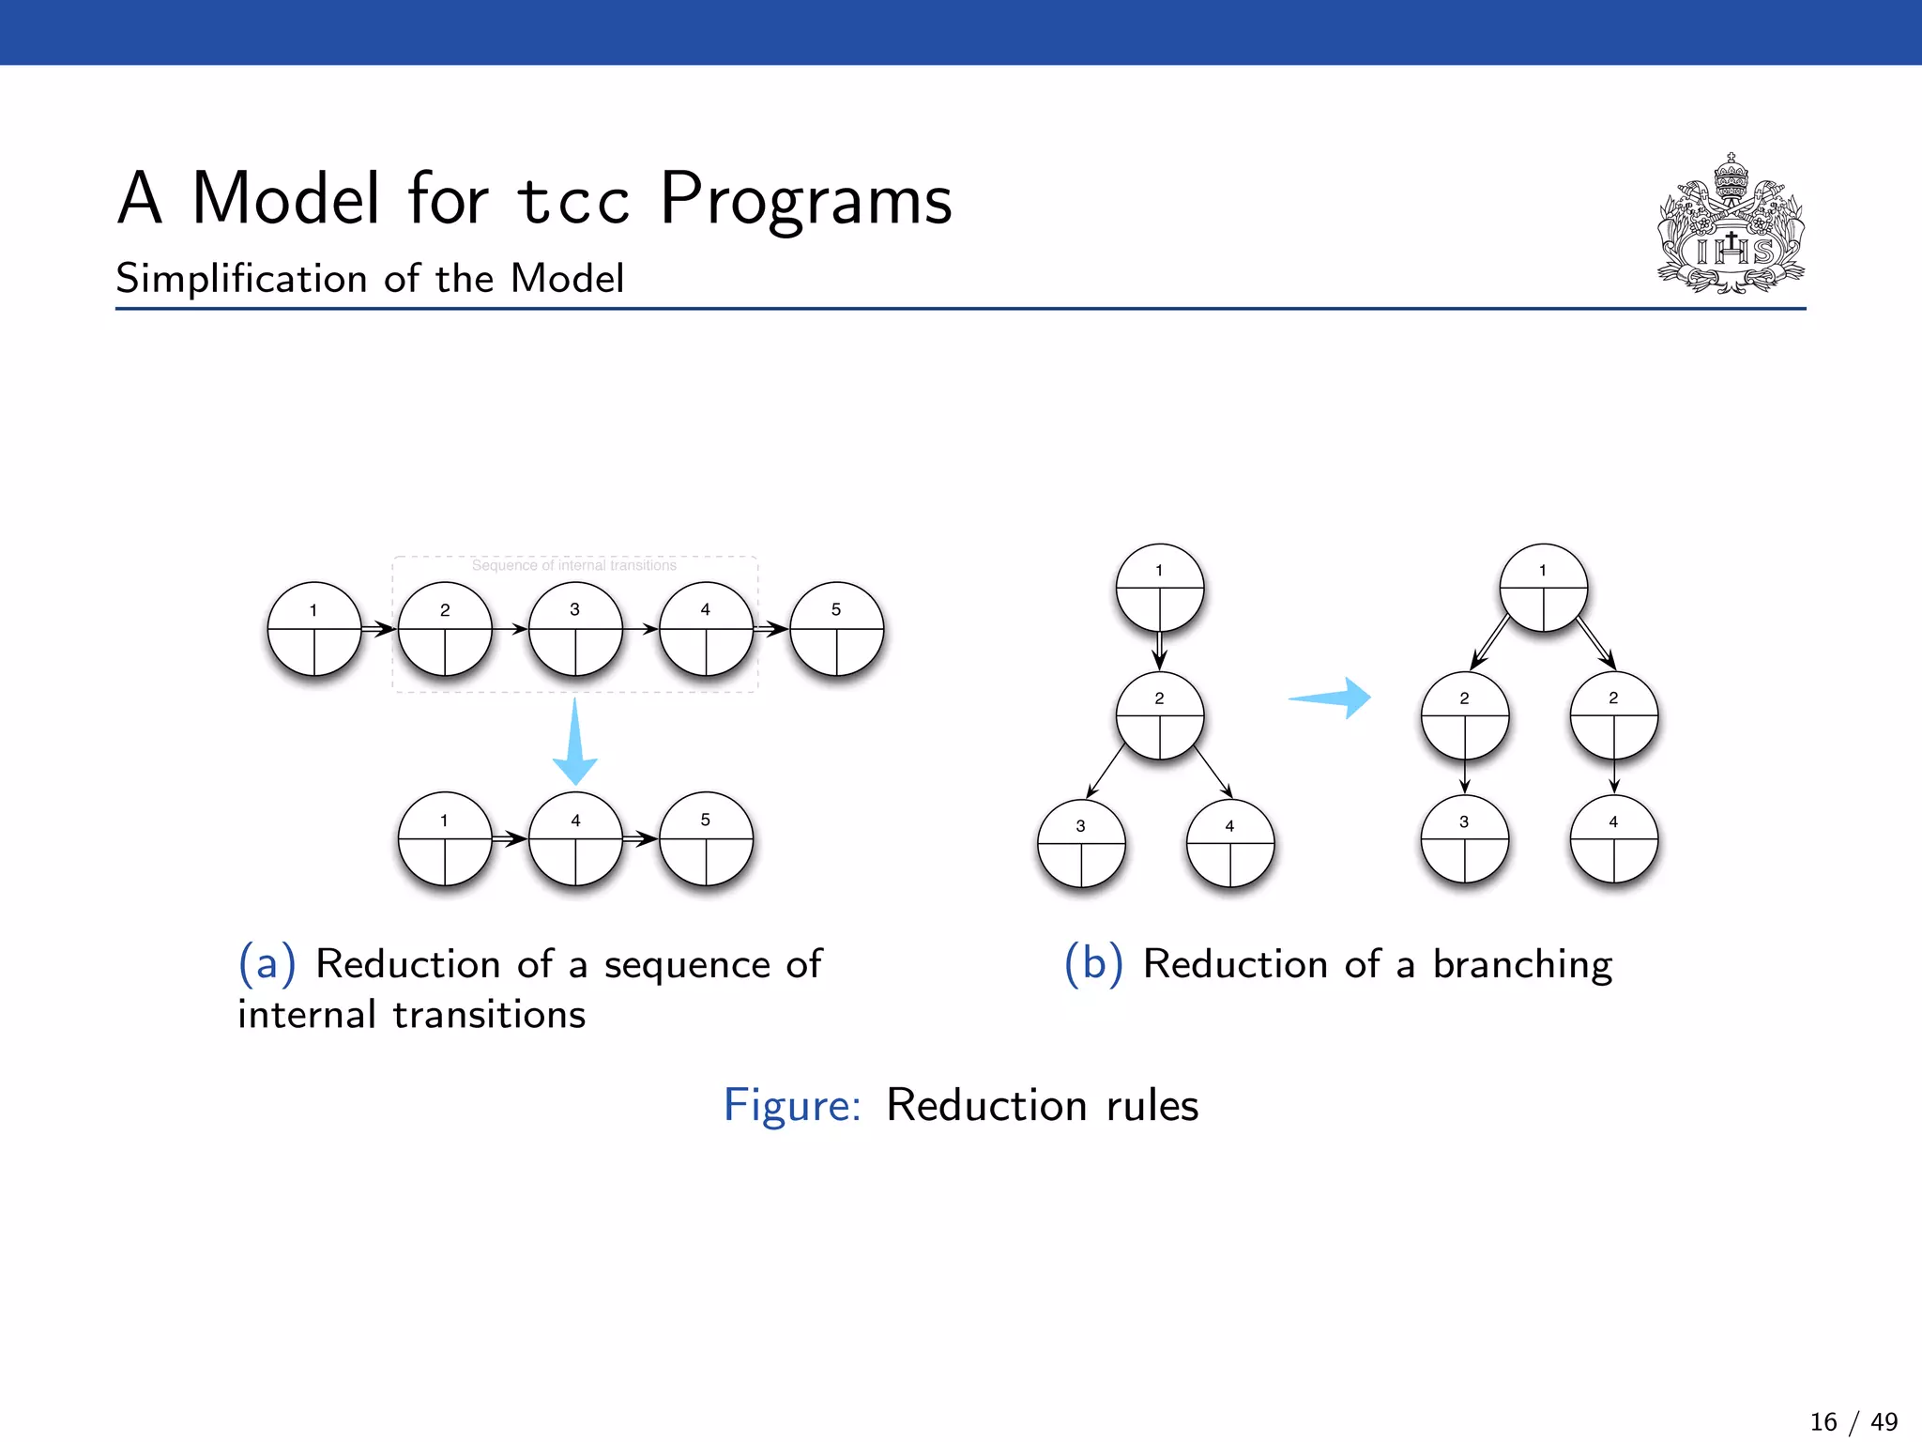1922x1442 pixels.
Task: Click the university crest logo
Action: (1731, 225)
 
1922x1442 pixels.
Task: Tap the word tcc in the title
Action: (573, 201)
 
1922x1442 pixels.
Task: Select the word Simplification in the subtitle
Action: (240, 279)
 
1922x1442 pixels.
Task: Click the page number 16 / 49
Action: (1853, 1421)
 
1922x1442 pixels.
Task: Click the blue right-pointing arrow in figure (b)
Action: (1331, 698)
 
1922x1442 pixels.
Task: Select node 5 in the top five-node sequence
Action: (836, 629)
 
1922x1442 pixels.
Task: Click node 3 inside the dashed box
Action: (575, 629)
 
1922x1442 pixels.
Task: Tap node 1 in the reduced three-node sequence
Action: (445, 838)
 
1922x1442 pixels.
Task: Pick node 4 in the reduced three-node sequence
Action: (575, 838)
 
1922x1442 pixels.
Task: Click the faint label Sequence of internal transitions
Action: (573, 565)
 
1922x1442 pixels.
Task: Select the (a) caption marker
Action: (267, 963)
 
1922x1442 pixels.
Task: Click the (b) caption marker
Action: (1093, 963)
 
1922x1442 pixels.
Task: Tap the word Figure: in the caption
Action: (792, 1105)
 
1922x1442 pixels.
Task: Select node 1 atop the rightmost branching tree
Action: (1543, 588)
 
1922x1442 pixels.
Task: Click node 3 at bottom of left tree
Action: (1081, 843)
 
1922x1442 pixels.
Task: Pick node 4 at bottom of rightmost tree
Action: (1613, 839)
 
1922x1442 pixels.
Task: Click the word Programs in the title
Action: (805, 199)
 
